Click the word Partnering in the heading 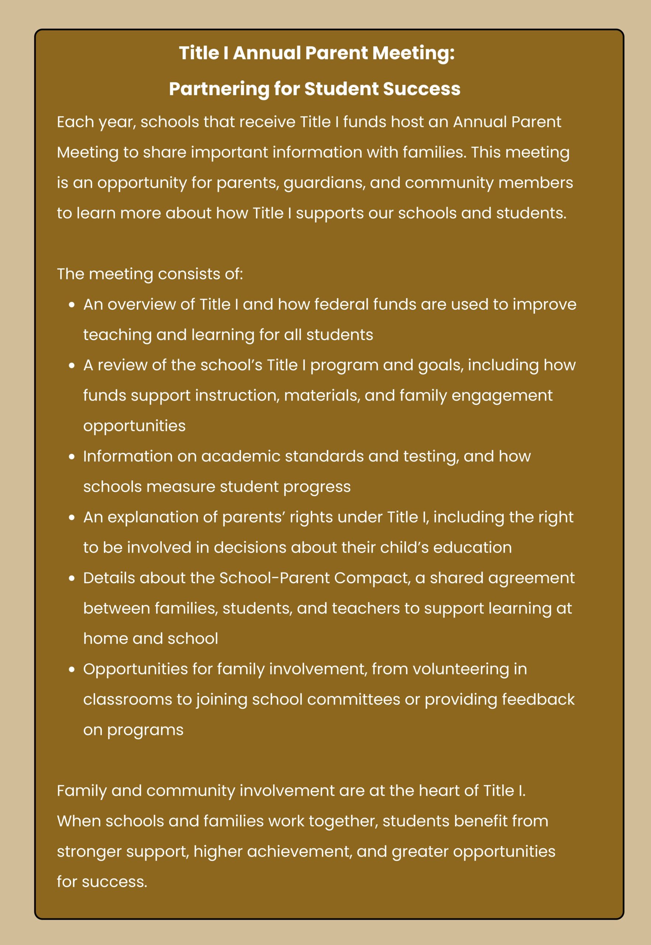[x=218, y=89]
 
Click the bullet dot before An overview [x=72, y=305]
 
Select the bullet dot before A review [x=72, y=365]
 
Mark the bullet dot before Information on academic [x=72, y=457]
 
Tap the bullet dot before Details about [x=72, y=578]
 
